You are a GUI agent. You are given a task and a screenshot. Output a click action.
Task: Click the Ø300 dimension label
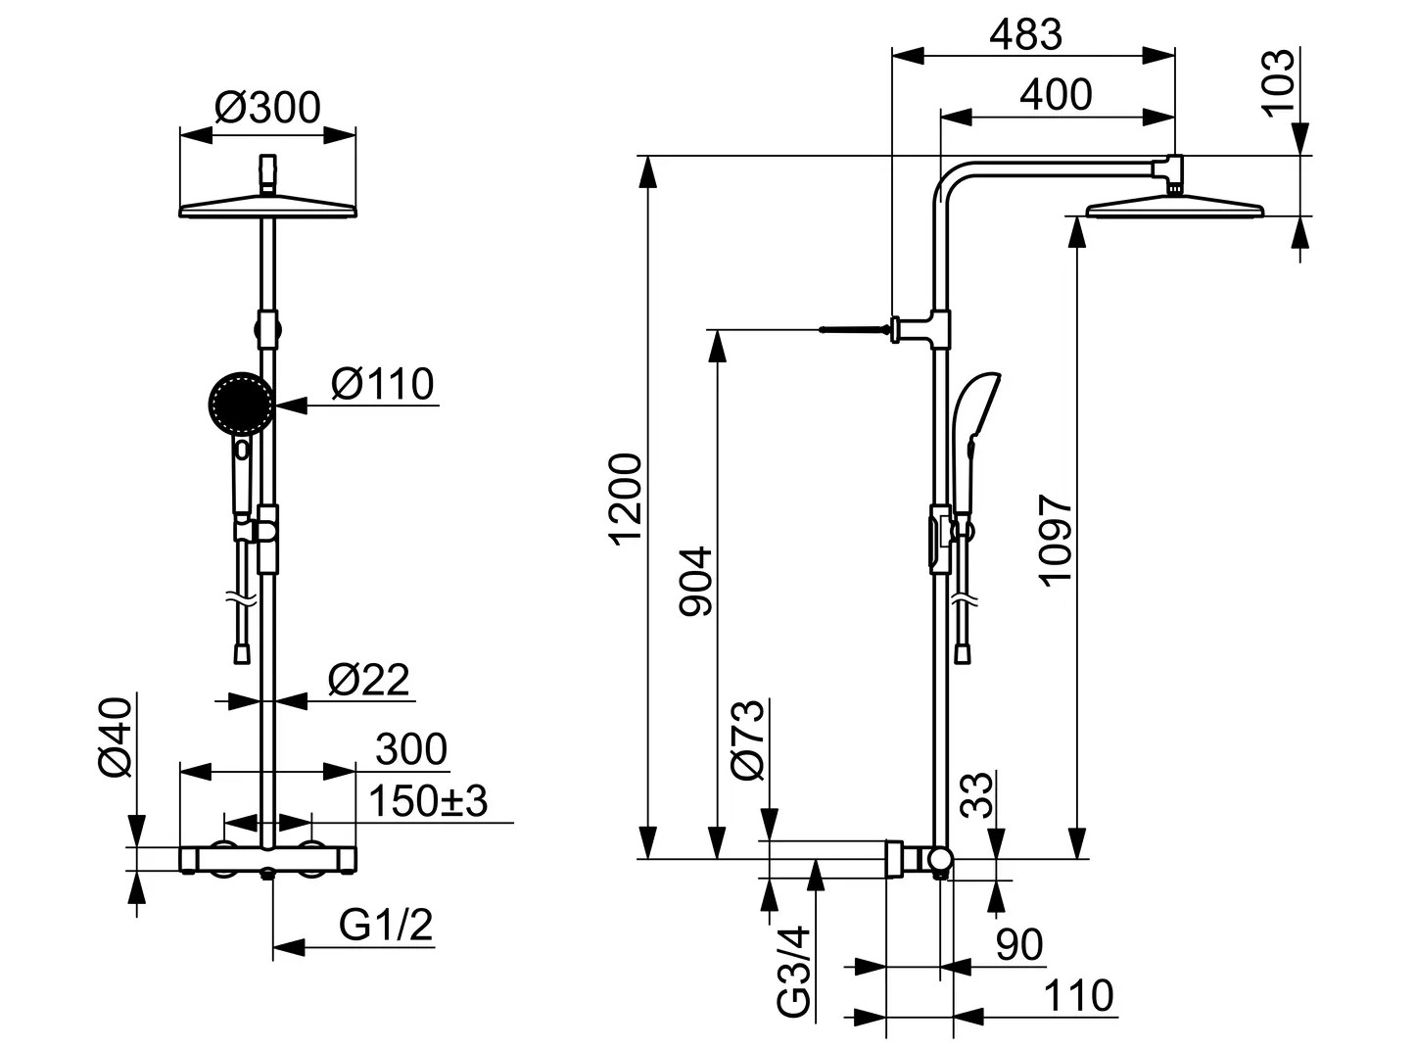pos(267,108)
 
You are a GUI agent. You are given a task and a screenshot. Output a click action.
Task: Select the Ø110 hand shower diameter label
pos(383,384)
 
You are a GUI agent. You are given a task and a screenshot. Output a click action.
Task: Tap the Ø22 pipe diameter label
pos(368,680)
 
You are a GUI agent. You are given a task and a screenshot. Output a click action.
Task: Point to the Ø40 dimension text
pos(116,737)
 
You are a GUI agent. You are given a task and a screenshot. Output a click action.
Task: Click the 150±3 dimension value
pos(428,801)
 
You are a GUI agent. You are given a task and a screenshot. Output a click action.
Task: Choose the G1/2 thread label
pos(386,925)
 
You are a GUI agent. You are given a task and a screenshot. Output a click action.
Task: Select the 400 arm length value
pos(1056,95)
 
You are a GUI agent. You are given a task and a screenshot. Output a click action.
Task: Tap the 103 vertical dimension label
pos(1279,83)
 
